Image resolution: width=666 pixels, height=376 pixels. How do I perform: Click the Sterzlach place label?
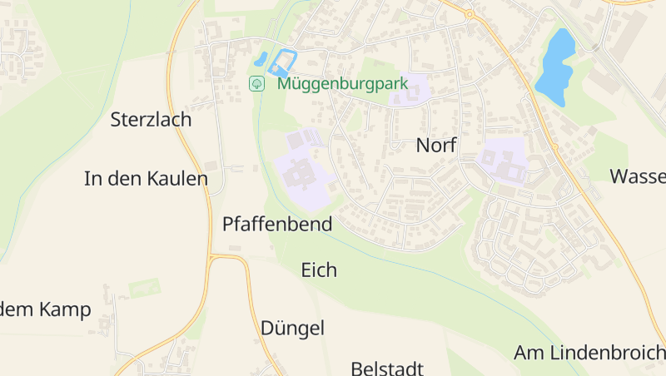(x=151, y=120)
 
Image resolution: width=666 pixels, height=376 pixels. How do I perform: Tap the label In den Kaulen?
(x=146, y=178)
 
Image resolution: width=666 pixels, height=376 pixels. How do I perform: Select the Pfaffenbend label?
(x=277, y=224)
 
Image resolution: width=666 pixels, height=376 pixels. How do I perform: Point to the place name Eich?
(x=319, y=270)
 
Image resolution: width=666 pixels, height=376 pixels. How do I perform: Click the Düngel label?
(x=292, y=328)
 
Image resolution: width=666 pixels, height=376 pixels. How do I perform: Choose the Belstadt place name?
(x=387, y=368)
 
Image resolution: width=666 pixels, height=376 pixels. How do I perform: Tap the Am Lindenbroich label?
(x=589, y=352)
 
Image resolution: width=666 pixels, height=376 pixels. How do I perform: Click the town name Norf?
(x=437, y=146)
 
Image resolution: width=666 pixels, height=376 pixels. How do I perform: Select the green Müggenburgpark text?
(x=342, y=83)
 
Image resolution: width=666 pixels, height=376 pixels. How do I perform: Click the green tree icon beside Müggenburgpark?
(x=257, y=83)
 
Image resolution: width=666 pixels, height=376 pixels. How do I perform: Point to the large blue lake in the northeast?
(x=554, y=62)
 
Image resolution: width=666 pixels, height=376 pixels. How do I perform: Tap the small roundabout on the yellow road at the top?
(x=470, y=14)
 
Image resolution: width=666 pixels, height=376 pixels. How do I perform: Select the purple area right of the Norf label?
(x=503, y=160)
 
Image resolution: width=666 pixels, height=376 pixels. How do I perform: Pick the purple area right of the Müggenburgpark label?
(x=408, y=90)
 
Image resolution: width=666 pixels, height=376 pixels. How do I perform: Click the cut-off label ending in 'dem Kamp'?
(x=45, y=310)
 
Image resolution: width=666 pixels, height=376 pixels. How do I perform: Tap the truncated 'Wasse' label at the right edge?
(x=638, y=176)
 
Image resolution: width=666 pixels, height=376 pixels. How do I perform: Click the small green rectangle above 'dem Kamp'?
(x=144, y=288)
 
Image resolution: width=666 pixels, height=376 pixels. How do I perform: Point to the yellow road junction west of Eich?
(x=213, y=260)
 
